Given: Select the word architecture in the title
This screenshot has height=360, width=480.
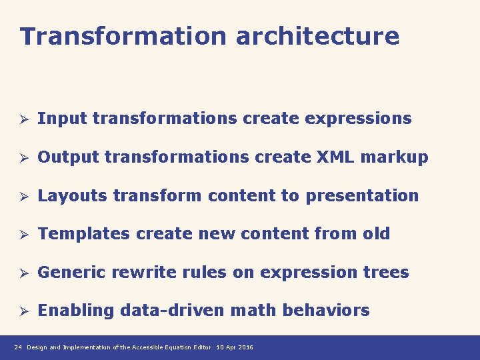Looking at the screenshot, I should pyautogui.click(x=317, y=36).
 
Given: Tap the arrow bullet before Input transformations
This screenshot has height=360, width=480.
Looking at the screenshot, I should pyautogui.click(x=22, y=119).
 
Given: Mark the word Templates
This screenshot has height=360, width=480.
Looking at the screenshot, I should pyautogui.click(x=84, y=235).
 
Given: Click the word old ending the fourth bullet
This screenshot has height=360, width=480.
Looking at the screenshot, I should pyautogui.click(x=375, y=234).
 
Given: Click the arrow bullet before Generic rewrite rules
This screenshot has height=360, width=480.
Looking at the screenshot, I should pyautogui.click(x=22, y=273).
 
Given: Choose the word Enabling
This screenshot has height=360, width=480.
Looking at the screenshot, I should pyautogui.click(x=76, y=311).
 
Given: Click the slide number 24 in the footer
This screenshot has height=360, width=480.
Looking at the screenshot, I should pyautogui.click(x=18, y=347).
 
